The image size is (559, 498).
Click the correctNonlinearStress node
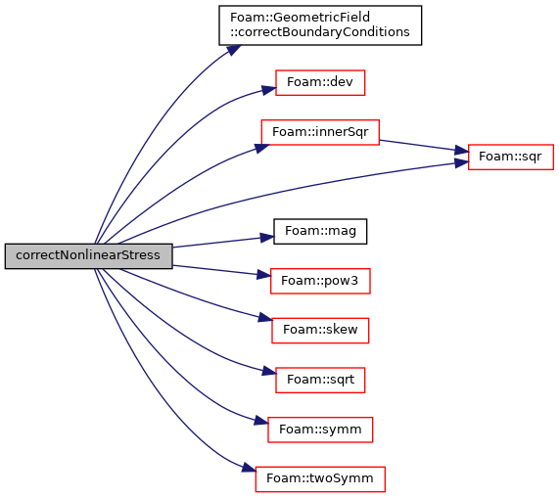88,256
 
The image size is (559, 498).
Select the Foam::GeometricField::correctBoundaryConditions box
320,25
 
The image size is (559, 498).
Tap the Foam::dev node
320,82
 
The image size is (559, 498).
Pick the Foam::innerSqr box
320,132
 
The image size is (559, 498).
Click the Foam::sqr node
510,158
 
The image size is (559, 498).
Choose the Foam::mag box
320,232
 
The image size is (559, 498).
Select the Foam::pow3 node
320,281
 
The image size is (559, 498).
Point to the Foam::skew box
320,331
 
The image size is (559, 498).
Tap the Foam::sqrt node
320,381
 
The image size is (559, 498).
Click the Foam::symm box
320,430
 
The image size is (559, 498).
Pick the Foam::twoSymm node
320,479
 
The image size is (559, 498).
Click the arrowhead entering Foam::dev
269,89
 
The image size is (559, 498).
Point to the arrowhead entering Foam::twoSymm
250,468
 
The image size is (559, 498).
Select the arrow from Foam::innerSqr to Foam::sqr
424,147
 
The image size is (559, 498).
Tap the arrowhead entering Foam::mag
266,238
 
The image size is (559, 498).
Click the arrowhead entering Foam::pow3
263,275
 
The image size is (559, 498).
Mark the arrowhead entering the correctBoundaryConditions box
234,50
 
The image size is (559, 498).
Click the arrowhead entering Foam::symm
261,421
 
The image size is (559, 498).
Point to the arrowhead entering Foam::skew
265,317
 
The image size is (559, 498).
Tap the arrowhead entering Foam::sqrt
269,371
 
